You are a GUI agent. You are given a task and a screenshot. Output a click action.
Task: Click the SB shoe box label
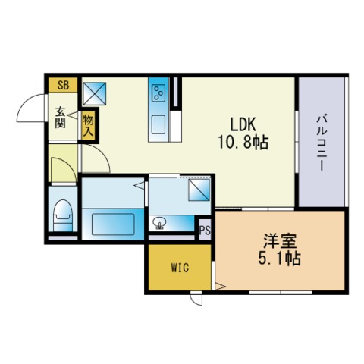point(63,85)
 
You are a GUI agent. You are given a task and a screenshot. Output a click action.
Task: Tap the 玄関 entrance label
point(61,118)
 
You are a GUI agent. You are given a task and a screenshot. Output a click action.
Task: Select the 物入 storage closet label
point(89,126)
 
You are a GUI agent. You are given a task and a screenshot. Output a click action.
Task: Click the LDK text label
point(243,124)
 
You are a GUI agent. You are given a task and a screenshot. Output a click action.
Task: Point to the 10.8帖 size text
point(243,142)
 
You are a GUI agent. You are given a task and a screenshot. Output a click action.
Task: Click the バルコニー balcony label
point(322,143)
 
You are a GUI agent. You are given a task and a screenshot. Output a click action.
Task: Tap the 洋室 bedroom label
point(280,241)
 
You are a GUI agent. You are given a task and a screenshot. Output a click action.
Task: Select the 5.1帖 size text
point(280,259)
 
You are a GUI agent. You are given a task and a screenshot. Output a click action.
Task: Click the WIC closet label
point(180,268)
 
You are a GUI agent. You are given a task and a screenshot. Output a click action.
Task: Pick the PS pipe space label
point(205,231)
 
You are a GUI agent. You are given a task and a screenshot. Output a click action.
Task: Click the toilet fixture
point(63,215)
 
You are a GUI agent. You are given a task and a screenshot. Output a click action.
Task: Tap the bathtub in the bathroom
point(113,224)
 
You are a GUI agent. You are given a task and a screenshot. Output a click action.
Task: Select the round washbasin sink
point(160,223)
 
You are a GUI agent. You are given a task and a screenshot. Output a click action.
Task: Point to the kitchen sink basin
point(158,124)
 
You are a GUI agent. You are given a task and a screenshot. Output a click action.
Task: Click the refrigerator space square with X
point(94,93)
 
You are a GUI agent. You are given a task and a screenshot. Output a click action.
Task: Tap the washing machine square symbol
point(199,190)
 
